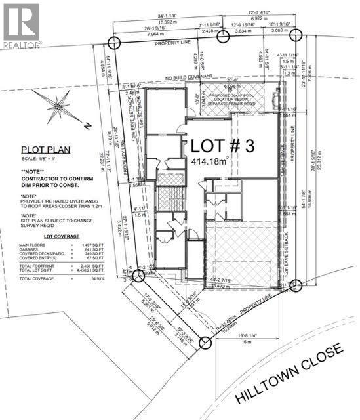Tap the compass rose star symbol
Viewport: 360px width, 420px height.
tap(58, 105)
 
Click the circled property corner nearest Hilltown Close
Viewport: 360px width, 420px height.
tap(205, 343)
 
